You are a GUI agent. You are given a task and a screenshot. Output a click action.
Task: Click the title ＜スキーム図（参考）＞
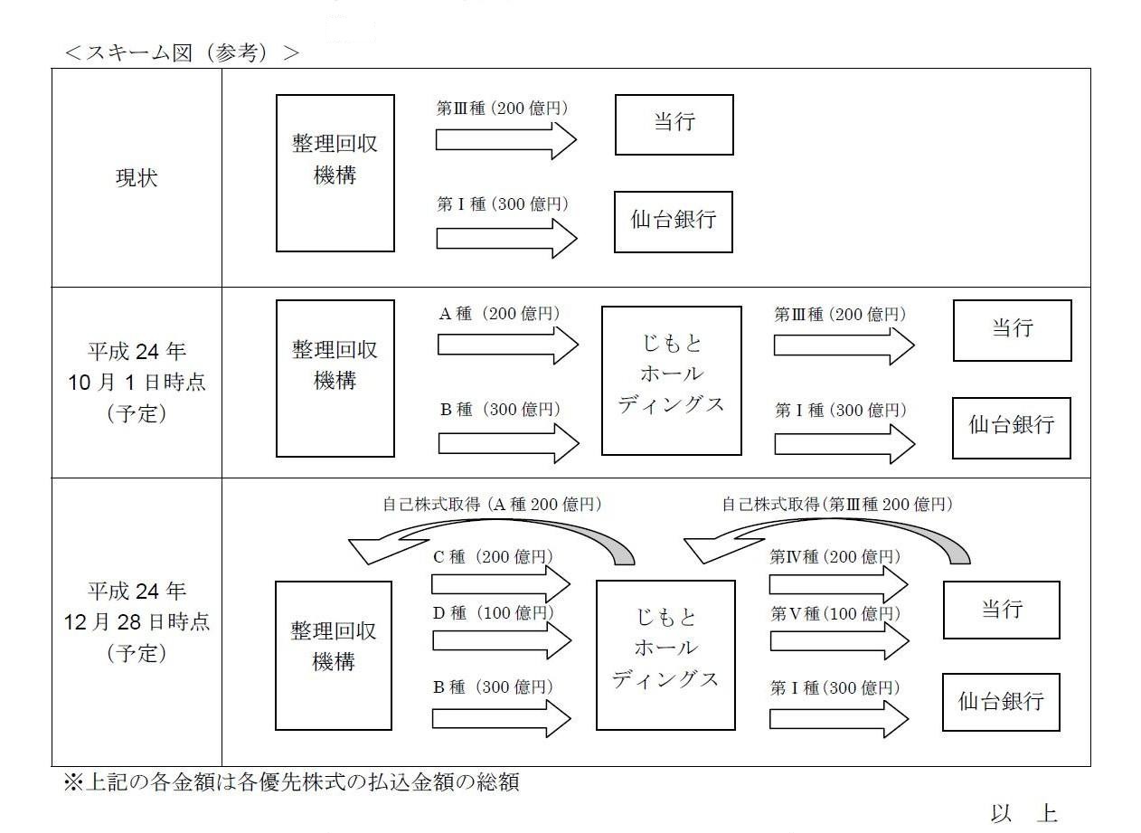(183, 52)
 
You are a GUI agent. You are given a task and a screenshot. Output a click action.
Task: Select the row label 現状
(137, 178)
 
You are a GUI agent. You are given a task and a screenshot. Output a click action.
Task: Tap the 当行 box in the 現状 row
(674, 125)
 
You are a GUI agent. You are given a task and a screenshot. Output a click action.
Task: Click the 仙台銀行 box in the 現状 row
(674, 222)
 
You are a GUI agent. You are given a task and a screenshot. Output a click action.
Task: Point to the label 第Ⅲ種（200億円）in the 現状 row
(503, 108)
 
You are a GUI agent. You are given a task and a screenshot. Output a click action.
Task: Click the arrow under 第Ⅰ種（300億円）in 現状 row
(506, 239)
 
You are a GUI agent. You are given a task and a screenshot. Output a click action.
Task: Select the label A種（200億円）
(500, 313)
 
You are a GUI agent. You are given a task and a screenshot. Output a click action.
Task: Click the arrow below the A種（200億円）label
(508, 345)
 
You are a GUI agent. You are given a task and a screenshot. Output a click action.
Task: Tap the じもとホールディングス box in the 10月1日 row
(672, 381)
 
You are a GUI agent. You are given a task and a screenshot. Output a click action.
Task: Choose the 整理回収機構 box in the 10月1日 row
(335, 379)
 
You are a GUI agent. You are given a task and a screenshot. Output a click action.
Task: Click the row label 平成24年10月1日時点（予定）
(137, 382)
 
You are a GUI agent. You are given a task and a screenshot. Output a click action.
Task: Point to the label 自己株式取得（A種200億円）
(493, 505)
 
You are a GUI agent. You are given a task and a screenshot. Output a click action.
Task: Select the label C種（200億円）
(493, 557)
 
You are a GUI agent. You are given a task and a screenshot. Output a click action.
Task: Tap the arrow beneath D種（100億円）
(502, 640)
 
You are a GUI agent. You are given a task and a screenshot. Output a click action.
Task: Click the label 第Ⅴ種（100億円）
(835, 613)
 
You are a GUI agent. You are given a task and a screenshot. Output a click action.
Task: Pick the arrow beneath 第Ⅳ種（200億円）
(838, 584)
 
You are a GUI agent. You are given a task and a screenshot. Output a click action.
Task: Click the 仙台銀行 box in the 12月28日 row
(1001, 702)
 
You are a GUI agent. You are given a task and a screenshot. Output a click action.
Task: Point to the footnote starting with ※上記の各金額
(291, 782)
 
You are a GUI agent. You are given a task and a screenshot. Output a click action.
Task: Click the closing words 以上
(1024, 813)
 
